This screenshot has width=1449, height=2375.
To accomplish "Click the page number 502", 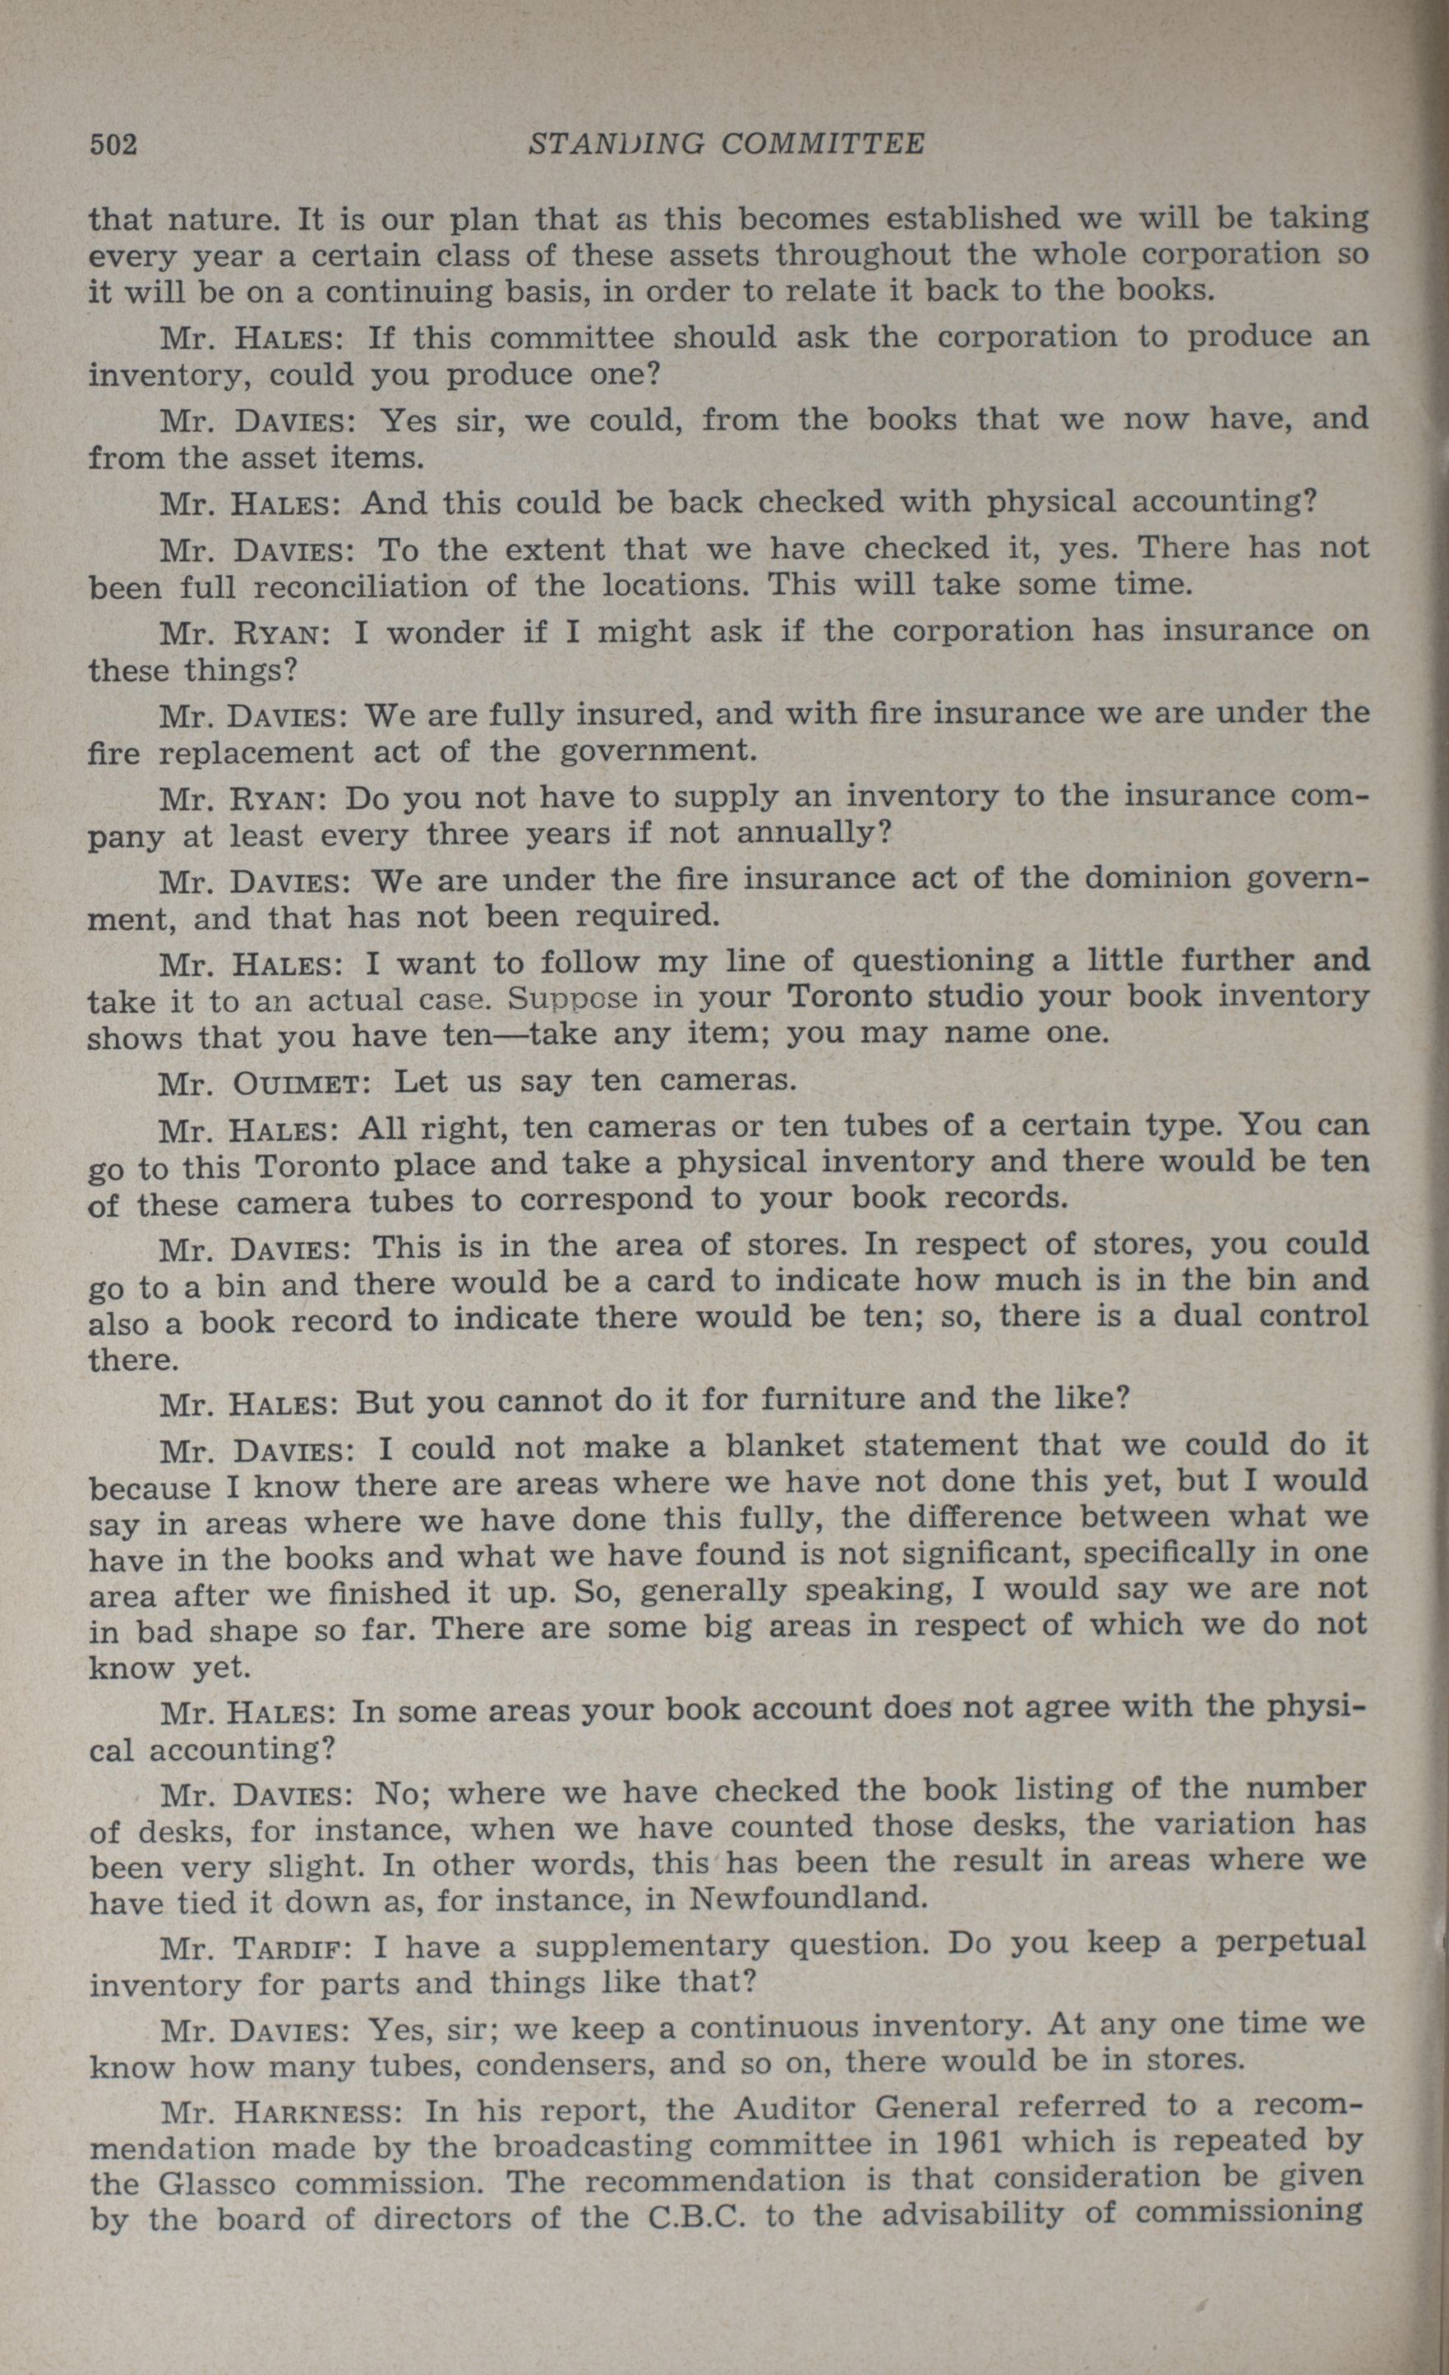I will pos(113,145).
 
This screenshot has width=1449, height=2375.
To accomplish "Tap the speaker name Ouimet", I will pos(297,1083).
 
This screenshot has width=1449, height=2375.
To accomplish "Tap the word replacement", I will pos(256,752).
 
